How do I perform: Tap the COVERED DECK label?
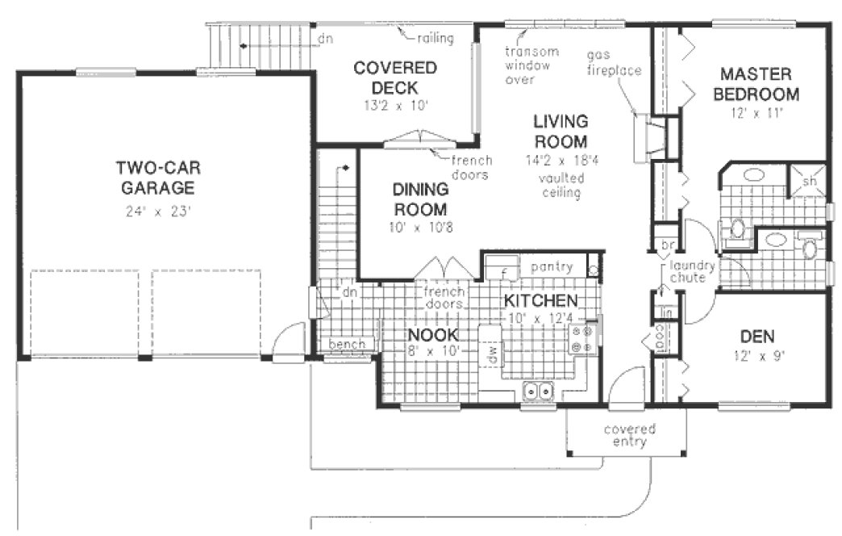tap(395, 77)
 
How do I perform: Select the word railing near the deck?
tap(436, 38)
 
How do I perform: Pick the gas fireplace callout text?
tap(614, 62)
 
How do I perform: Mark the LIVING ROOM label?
tap(561, 132)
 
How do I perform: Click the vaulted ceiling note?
tap(561, 185)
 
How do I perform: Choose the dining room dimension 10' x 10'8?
tap(420, 227)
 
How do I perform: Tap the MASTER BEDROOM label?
tap(760, 84)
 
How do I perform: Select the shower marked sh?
tap(808, 182)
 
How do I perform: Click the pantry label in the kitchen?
tap(552, 266)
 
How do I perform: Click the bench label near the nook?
tap(346, 345)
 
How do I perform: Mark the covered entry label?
tap(629, 435)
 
